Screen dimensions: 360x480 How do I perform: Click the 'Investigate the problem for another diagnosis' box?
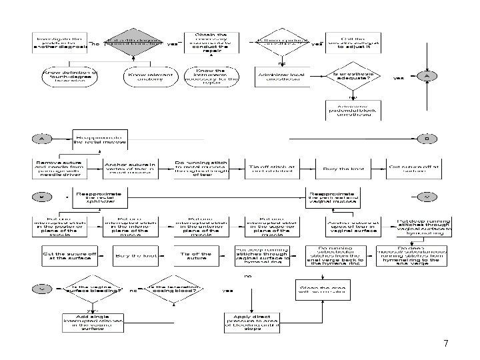coord(59,43)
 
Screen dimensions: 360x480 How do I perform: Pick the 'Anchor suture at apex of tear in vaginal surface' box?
coord(353,225)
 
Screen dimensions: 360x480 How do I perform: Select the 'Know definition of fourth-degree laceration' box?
coord(69,75)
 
